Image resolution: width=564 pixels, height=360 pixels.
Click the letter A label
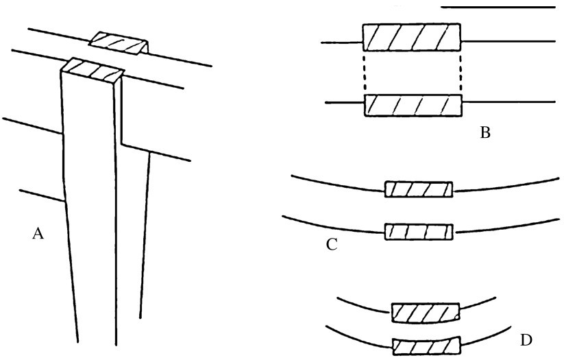(x=38, y=234)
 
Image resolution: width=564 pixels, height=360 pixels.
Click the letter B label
(x=485, y=133)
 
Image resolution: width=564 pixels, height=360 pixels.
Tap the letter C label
(x=332, y=244)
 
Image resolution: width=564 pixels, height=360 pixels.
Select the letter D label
(x=526, y=340)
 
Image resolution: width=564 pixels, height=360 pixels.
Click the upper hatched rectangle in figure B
(x=411, y=37)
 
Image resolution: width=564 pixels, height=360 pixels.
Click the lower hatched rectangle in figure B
(x=413, y=105)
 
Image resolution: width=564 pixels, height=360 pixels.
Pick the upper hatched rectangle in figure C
(x=419, y=189)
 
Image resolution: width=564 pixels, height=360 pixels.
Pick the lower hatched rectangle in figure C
(x=419, y=232)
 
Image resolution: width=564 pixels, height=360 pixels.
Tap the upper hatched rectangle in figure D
(x=426, y=313)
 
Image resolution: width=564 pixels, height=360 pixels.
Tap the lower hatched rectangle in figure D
(x=426, y=346)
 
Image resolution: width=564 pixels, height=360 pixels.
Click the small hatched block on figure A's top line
(x=119, y=43)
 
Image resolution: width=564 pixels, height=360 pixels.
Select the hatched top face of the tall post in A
(x=93, y=70)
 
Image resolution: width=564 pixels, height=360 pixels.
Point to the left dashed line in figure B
(x=365, y=73)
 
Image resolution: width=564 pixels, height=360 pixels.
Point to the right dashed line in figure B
(x=461, y=73)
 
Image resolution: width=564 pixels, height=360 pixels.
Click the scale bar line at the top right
(x=498, y=7)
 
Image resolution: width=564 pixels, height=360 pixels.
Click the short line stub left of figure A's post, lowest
(x=42, y=195)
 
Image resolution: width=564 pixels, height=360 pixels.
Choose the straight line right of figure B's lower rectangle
(x=508, y=102)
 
